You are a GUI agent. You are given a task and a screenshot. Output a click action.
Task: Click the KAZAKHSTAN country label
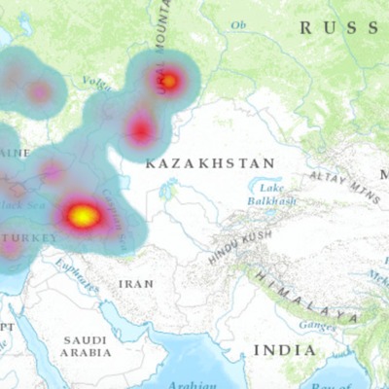coord(210,163)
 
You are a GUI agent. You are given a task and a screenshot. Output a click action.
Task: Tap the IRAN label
coord(135,283)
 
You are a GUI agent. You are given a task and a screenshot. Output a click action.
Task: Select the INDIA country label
coord(284,349)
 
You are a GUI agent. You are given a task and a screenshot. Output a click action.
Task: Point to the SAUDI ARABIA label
coord(86,346)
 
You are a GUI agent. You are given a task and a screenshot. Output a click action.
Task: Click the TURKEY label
coord(29,237)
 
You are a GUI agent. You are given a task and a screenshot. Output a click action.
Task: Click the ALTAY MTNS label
coord(344,183)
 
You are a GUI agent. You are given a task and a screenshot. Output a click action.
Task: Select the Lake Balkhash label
coord(272,194)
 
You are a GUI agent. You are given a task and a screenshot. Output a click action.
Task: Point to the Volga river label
coord(94,83)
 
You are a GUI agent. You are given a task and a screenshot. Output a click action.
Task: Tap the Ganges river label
coord(316,325)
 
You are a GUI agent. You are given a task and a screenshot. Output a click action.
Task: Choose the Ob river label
coord(238,24)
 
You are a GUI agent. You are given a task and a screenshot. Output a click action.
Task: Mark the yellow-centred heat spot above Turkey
coord(84,216)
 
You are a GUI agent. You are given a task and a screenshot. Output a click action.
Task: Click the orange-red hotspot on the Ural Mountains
coord(168,82)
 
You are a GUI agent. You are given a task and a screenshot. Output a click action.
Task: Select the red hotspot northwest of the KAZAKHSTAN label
coord(142,129)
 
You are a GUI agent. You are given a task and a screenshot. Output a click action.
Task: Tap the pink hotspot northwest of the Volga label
coord(39,92)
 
